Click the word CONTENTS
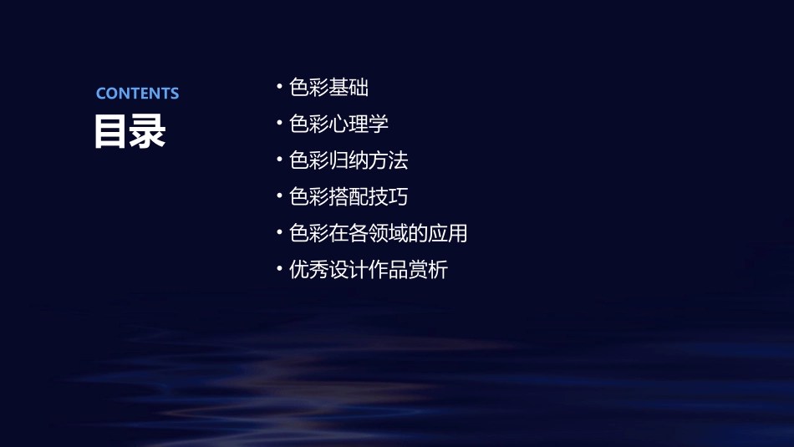click(x=137, y=94)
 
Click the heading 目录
click(x=130, y=130)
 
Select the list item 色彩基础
click(x=328, y=88)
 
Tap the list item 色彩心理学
click(x=338, y=124)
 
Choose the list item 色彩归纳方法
click(x=349, y=160)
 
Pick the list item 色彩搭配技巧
click(x=349, y=197)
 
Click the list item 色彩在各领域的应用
click(x=378, y=233)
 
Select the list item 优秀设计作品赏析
click(x=368, y=270)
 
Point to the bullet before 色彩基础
click(x=279, y=88)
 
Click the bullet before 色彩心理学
click(x=279, y=124)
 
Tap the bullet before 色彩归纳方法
click(x=279, y=160)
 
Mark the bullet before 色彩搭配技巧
click(x=279, y=197)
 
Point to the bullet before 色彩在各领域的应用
click(x=279, y=233)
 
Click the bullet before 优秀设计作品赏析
click(x=279, y=270)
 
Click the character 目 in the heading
click(x=111, y=130)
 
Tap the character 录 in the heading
click(x=148, y=130)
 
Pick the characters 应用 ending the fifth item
click(x=448, y=233)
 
